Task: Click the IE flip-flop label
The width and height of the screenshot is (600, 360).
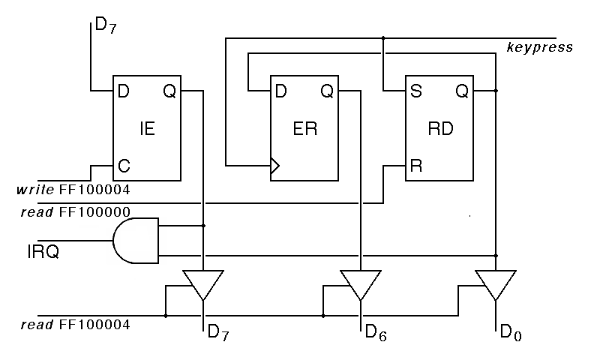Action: (147, 128)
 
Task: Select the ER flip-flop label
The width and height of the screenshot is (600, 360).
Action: (304, 128)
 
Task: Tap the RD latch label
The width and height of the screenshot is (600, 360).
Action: (440, 128)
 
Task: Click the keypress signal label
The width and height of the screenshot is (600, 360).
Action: (539, 48)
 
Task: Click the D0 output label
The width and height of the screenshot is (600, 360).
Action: (510, 333)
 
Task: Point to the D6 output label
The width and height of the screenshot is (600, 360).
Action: (376, 333)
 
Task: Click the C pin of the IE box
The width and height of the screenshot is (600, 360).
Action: (122, 165)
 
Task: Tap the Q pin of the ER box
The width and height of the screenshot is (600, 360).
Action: (327, 91)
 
